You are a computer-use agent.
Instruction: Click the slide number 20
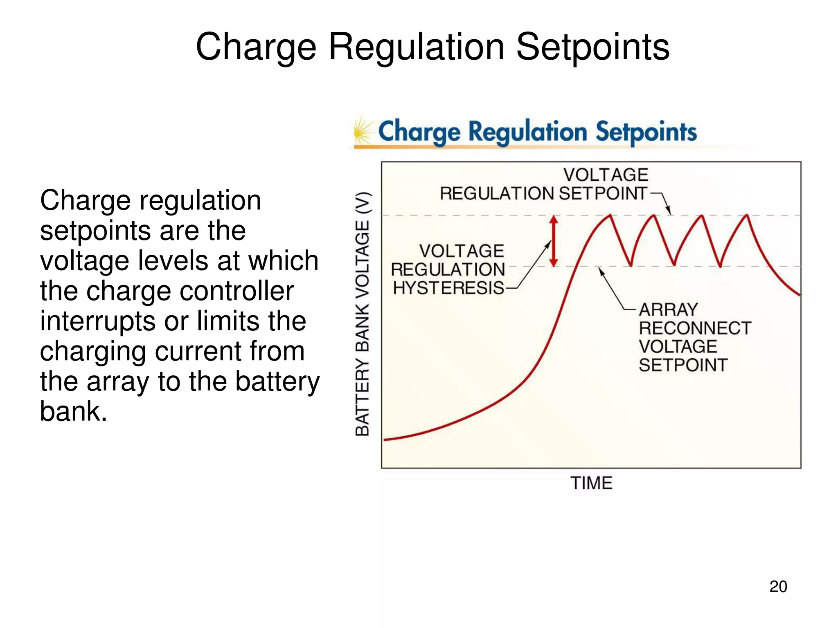(778, 587)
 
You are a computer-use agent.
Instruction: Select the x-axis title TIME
(591, 483)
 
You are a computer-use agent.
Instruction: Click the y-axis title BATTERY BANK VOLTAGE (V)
(363, 314)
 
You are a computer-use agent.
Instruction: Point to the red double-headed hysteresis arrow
(554, 241)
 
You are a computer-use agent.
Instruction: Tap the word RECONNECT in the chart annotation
(695, 328)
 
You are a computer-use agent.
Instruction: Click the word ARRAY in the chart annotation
(668, 310)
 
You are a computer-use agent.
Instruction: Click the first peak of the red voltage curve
(610, 215)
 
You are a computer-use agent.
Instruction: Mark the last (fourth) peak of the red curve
(747, 215)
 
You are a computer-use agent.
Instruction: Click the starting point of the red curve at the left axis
(385, 440)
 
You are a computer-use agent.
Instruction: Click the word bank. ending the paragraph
(74, 411)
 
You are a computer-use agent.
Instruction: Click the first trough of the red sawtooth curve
(631, 265)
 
